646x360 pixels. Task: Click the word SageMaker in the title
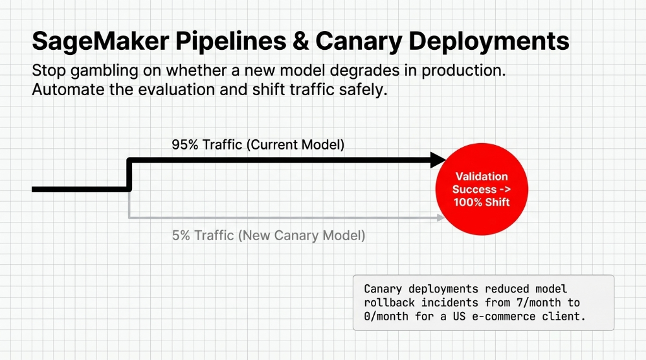(x=99, y=42)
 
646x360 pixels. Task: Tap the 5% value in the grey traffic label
(x=181, y=236)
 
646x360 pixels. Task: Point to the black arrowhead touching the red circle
(x=438, y=160)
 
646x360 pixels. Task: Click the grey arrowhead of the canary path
(x=439, y=218)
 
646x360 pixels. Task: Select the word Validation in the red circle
(x=481, y=177)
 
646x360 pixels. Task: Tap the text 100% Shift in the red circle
(x=481, y=202)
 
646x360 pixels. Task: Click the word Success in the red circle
(x=474, y=189)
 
